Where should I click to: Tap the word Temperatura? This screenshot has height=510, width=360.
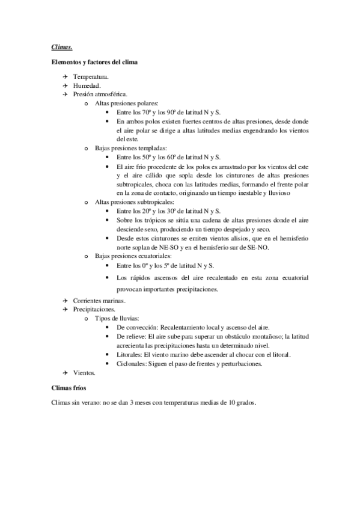pos(91,78)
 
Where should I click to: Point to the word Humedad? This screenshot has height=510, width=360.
pos(87,86)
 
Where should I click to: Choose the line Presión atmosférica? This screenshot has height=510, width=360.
pos(100,94)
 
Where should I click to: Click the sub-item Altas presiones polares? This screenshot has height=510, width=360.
pos(125,103)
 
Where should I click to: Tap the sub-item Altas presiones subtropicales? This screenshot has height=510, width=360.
pos(133,203)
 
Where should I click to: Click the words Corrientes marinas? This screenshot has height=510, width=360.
pos(99,300)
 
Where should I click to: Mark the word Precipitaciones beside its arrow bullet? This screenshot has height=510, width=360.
pos(94,309)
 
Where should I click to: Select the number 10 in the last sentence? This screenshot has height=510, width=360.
pos(230,403)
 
